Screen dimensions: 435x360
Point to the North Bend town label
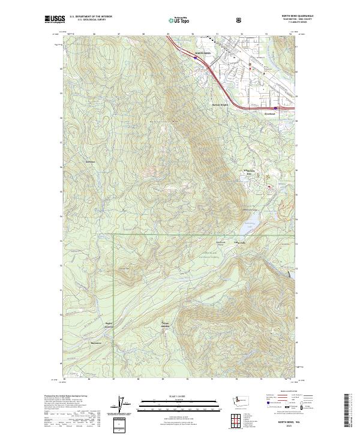(x=203, y=53)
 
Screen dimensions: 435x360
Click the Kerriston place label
(x=91, y=162)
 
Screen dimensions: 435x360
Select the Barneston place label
(x=96, y=343)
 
